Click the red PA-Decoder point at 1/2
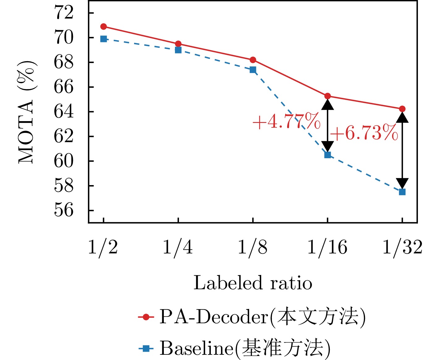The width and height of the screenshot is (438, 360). coord(104,27)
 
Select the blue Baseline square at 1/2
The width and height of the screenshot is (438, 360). coord(104,39)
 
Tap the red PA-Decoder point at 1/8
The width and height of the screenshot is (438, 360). coord(253,60)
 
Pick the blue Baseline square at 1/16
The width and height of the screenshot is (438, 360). coord(328,155)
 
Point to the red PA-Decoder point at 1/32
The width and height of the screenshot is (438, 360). coord(402,109)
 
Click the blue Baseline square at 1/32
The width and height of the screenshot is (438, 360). coord(402,192)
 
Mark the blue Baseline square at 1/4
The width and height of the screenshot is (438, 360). coord(178,50)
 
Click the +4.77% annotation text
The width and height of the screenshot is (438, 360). coord(286,121)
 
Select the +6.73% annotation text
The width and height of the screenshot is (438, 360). coord(364,133)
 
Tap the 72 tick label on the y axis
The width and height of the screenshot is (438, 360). coord(64,13)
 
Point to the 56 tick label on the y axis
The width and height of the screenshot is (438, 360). coord(64,210)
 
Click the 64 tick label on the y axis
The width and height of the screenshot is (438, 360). coord(64,112)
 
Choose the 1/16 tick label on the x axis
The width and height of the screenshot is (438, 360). coord(327,248)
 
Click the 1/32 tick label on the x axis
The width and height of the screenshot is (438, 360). coord(402,248)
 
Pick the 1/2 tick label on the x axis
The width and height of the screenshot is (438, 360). coord(103,248)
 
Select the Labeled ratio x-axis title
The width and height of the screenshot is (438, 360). coord(253,283)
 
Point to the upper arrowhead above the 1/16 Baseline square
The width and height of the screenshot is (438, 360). coord(328,105)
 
